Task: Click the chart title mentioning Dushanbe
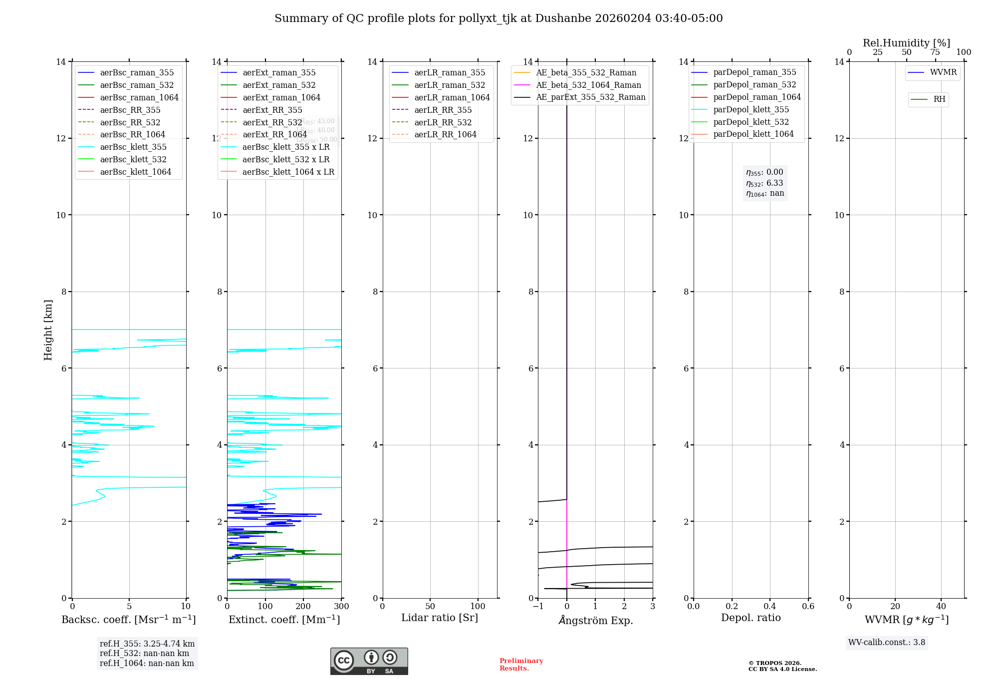click(499, 18)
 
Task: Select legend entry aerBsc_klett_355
click(133, 147)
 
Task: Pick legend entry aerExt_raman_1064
click(281, 97)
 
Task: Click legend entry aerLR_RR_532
click(443, 122)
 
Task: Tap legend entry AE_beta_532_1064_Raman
click(588, 85)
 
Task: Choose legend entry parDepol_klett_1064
click(753, 134)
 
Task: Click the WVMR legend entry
click(943, 72)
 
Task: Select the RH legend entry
click(939, 99)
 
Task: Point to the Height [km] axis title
click(48, 330)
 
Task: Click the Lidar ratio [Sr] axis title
click(440, 618)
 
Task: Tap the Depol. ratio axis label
click(750, 618)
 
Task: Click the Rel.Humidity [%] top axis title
click(906, 43)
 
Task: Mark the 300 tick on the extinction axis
click(341, 607)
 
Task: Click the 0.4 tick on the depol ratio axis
click(770, 607)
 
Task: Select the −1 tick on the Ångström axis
click(538, 607)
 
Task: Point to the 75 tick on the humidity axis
click(935, 52)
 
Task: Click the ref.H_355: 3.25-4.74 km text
click(147, 644)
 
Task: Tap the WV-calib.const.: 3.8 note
click(887, 643)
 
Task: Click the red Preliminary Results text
click(521, 665)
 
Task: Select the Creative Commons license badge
click(369, 662)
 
